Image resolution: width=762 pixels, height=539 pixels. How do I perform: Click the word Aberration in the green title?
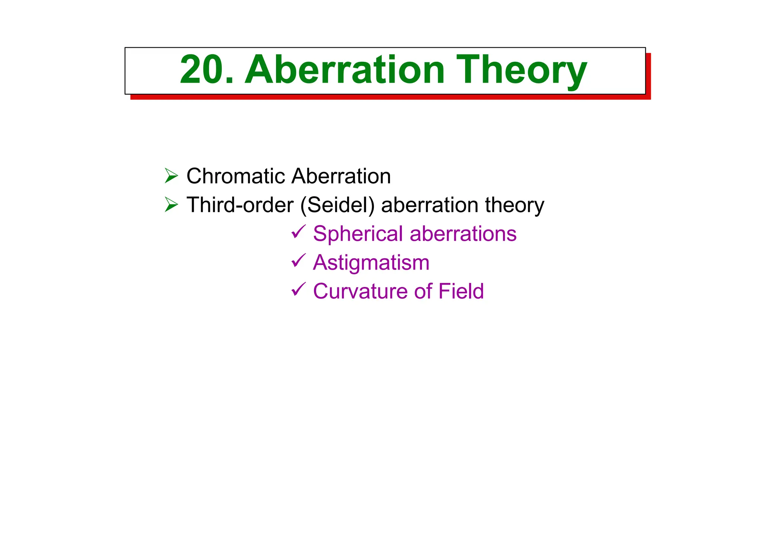[x=344, y=70]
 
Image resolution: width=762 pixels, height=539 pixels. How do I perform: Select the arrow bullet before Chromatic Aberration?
[x=171, y=176]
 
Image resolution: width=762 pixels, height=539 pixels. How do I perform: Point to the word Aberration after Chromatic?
[x=341, y=176]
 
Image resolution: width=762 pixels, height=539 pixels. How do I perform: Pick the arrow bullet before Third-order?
[x=171, y=205]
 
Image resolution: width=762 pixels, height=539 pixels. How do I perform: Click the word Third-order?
[x=240, y=205]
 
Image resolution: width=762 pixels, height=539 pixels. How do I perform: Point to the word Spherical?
[x=358, y=234]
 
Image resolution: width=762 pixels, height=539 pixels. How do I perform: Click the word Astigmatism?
[x=371, y=263]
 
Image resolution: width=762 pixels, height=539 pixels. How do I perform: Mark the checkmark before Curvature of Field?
[x=298, y=289]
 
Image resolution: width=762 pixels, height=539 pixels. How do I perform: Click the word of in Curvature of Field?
[x=424, y=291]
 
